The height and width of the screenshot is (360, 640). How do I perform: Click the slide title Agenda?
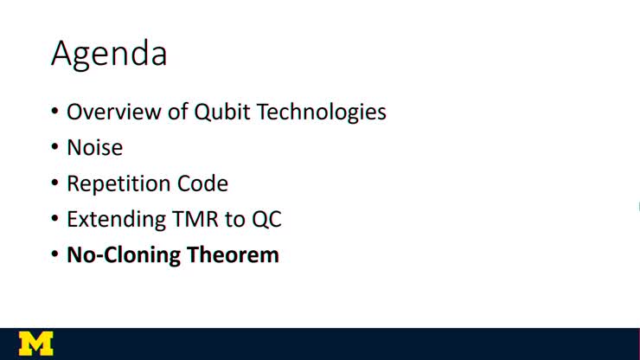[x=109, y=54]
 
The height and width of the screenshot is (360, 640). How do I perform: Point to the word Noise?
[x=95, y=148]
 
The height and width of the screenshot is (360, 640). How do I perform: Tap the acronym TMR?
[x=195, y=219]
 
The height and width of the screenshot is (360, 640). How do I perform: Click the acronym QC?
[x=266, y=220]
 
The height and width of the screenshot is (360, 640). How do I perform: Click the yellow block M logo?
[x=35, y=344]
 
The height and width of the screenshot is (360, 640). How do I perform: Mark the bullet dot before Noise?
[x=55, y=149]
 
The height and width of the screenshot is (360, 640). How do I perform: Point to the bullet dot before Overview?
[x=55, y=112]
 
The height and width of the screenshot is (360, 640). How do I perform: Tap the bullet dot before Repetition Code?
[x=55, y=184]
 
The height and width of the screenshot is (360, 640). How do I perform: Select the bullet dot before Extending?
[x=55, y=220]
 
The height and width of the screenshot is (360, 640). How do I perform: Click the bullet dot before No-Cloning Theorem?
[x=55, y=256]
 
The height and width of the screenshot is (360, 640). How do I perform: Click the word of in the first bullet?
[x=163, y=112]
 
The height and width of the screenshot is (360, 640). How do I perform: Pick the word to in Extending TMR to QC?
[x=235, y=220]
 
